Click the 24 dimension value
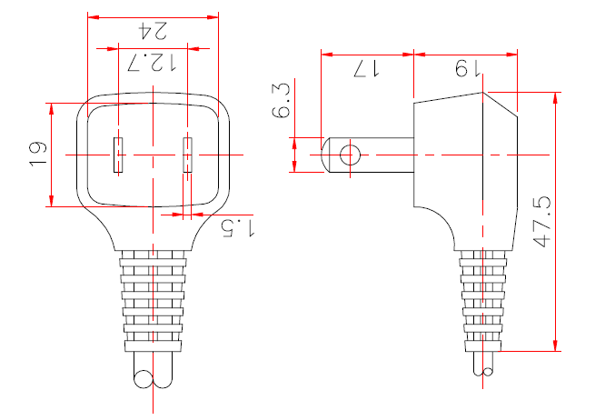coord(153,30)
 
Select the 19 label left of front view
coord(37,152)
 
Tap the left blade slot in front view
coord(117,155)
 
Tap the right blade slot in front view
coord(188,155)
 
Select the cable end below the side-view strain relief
coord(485,365)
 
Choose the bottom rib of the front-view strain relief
coord(153,345)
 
